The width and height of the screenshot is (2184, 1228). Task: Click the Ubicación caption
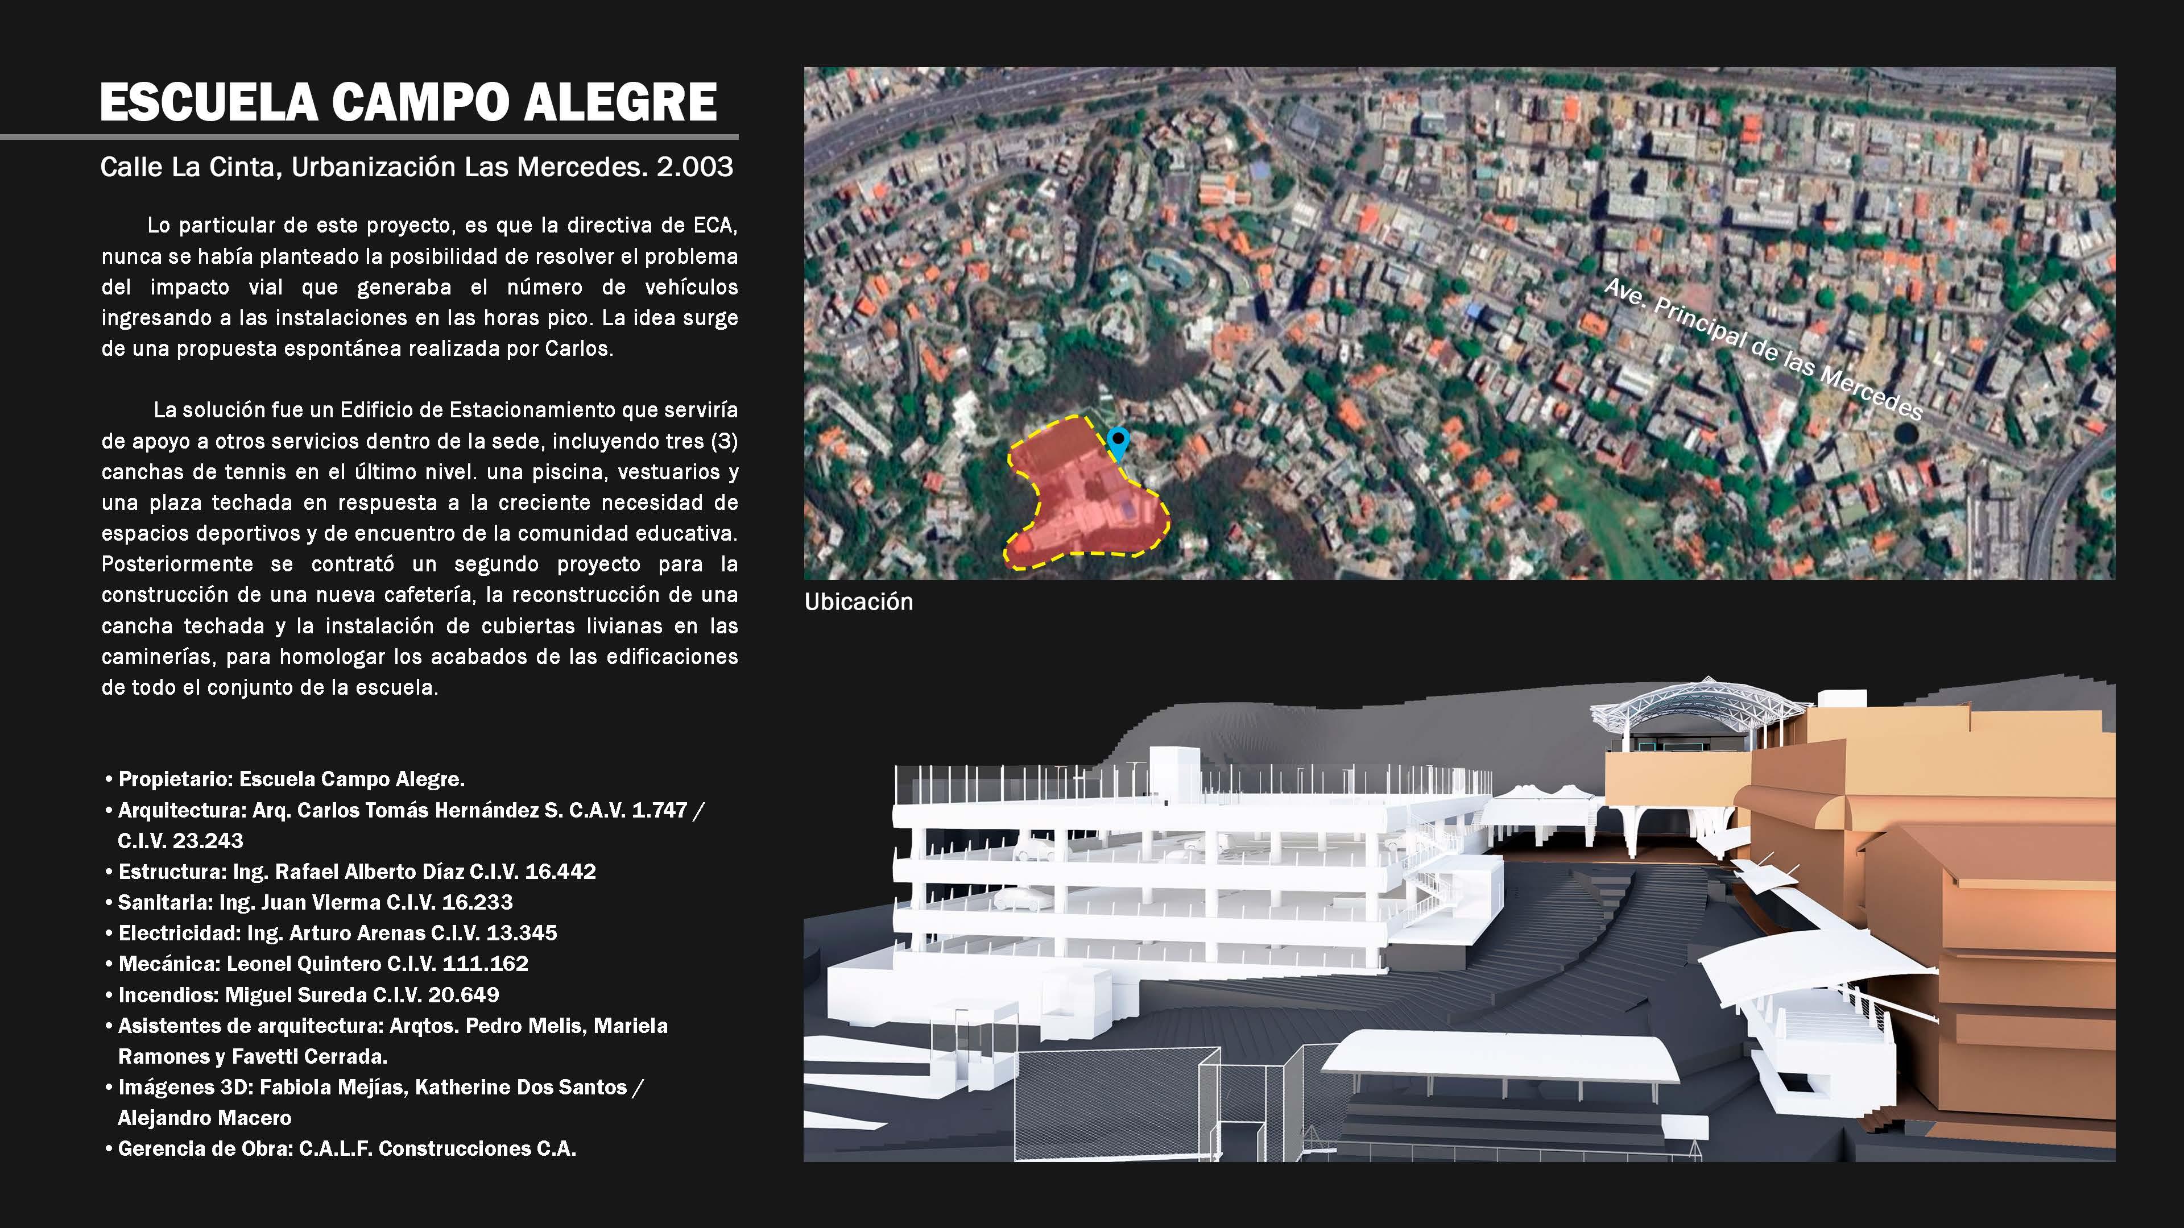pyautogui.click(x=858, y=601)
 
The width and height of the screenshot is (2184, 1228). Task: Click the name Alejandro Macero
pyautogui.click(x=204, y=1118)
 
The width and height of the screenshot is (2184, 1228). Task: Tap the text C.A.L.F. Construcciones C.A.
pyautogui.click(x=437, y=1148)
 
